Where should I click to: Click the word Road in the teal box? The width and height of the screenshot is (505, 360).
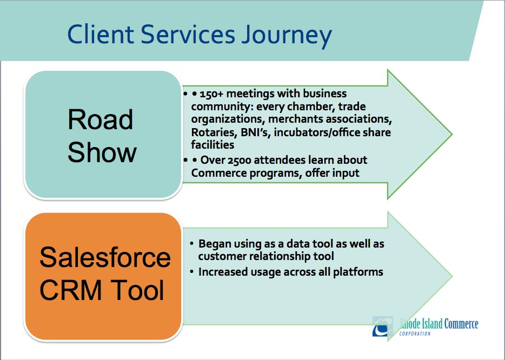click(x=101, y=119)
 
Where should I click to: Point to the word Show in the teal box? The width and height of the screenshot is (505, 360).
click(x=102, y=152)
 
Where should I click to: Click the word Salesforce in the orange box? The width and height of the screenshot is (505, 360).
click(x=105, y=257)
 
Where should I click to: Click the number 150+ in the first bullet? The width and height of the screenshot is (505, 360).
click(x=220, y=94)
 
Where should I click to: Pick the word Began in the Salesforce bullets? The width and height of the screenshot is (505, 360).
click(x=214, y=244)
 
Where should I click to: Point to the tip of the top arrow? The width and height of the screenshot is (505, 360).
click(x=451, y=134)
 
